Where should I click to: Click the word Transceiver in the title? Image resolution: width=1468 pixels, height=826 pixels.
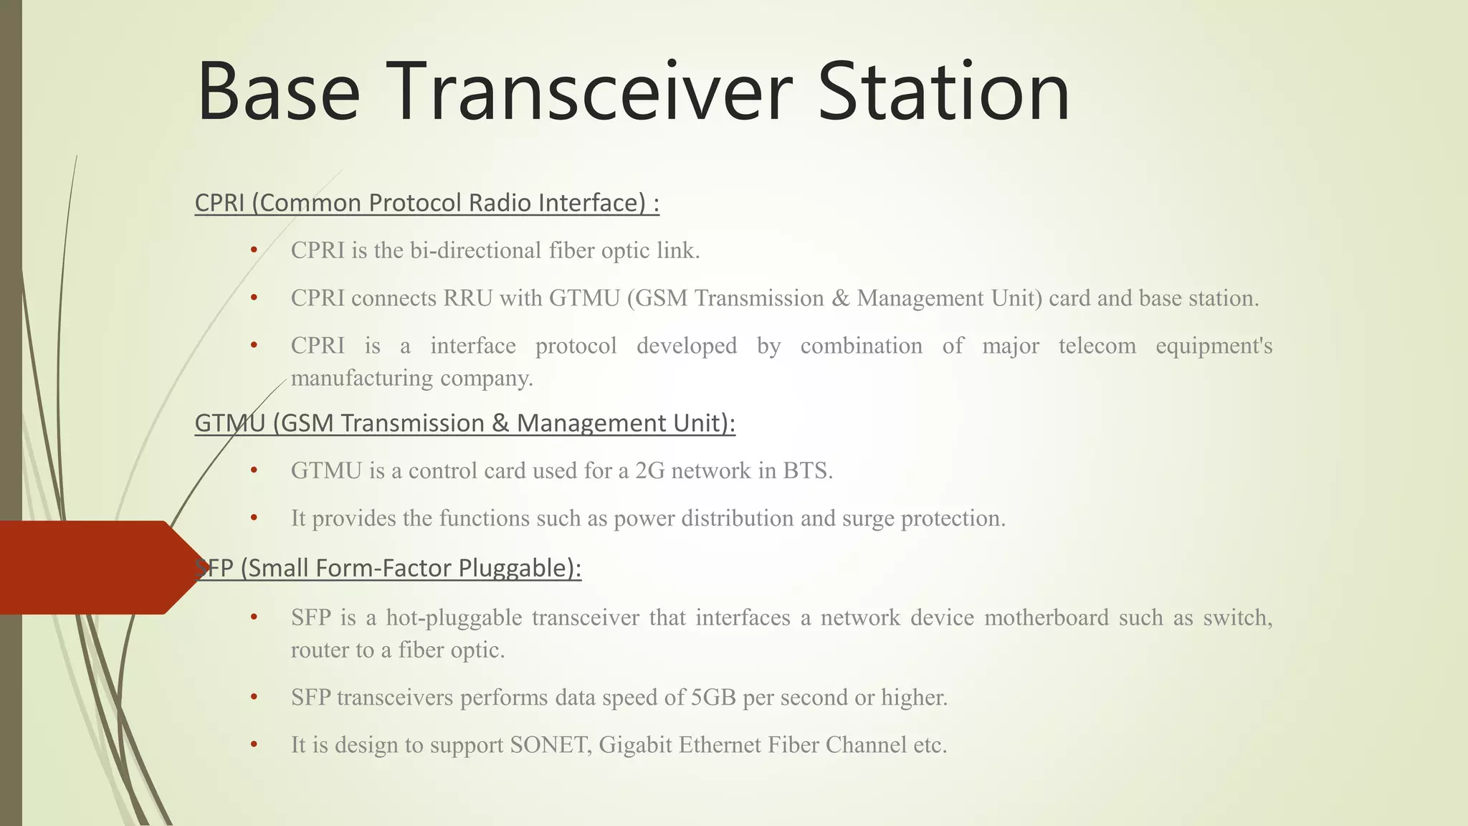tap(589, 92)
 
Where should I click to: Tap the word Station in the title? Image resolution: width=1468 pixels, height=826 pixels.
tap(943, 92)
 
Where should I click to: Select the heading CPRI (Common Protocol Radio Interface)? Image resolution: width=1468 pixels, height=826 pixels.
tap(426, 203)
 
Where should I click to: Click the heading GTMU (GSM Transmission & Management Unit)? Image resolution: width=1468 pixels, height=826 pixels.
tap(464, 423)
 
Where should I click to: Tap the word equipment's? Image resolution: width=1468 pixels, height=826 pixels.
tap(1214, 346)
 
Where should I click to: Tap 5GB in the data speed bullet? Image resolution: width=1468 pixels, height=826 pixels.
tap(713, 697)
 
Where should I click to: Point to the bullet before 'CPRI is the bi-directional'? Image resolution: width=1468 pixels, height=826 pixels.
tap(254, 250)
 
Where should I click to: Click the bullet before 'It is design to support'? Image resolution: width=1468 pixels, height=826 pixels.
tap(254, 745)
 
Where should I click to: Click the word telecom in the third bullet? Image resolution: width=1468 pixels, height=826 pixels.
tap(1097, 346)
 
